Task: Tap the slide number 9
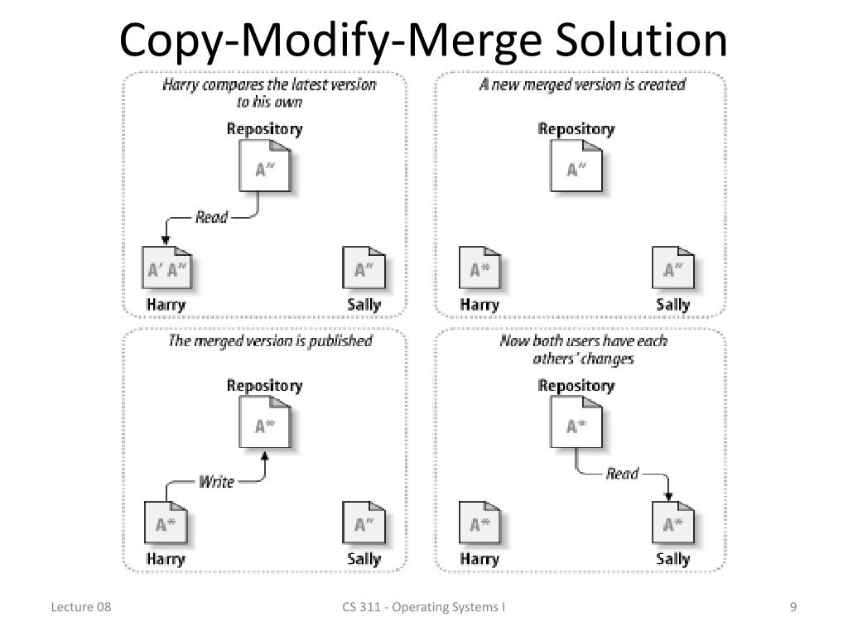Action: click(x=793, y=608)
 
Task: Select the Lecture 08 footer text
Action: click(x=81, y=608)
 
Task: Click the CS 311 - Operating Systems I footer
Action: click(x=424, y=608)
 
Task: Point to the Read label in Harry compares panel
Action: click(x=211, y=217)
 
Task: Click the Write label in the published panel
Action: click(x=216, y=481)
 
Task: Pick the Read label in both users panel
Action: click(x=622, y=474)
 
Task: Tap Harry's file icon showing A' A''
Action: click(x=167, y=269)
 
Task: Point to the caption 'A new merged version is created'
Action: click(x=582, y=84)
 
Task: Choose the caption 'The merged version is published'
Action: click(x=270, y=341)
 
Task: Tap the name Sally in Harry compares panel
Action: click(x=364, y=304)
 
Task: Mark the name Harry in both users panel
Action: click(x=479, y=559)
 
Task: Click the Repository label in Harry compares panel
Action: click(x=265, y=129)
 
